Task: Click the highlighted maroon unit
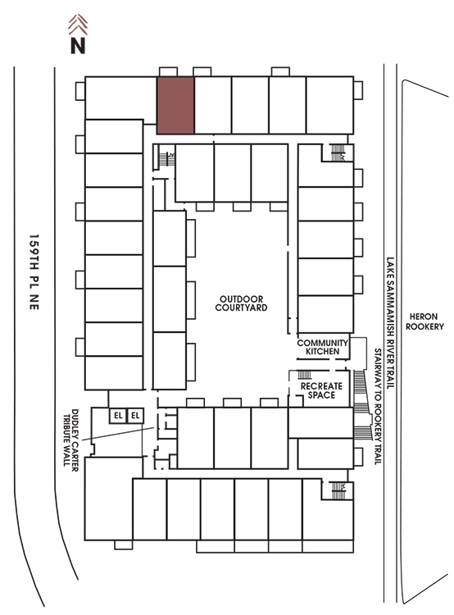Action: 175,106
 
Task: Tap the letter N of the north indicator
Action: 78,45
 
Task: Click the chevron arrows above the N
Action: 78,25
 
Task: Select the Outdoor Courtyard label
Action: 241,303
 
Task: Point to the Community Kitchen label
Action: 322,347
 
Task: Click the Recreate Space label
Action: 321,390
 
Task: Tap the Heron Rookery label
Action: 424,321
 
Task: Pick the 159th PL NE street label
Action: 34,272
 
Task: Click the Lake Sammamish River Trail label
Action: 390,323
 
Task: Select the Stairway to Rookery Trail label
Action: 378,407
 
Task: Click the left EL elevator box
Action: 118,416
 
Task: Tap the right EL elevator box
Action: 135,416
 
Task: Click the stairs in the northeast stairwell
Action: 338,153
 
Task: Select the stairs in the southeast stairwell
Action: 338,490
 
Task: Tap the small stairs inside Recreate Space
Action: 305,375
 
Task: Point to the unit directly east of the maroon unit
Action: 213,106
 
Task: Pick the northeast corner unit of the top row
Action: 329,106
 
